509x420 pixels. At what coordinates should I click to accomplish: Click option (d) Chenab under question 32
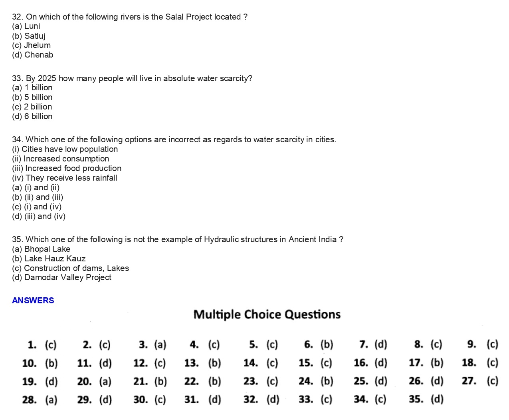coord(33,55)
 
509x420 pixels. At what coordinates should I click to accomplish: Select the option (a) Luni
coord(26,26)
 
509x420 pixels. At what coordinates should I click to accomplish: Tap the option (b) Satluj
coord(29,36)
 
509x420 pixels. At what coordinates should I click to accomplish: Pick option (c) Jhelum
coord(32,45)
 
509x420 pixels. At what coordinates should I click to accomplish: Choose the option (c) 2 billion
coord(32,107)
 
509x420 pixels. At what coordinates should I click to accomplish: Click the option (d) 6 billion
coord(32,116)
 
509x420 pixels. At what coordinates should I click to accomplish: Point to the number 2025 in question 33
coord(47,78)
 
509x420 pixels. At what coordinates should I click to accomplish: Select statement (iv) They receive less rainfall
coord(65,178)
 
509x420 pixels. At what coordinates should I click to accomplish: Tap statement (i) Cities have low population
coord(65,149)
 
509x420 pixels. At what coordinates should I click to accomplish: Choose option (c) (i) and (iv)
coord(37,207)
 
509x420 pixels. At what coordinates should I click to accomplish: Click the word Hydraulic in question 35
coord(221,239)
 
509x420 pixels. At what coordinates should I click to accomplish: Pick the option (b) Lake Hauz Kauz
coord(49,259)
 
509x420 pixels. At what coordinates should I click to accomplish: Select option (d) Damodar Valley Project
coord(62,277)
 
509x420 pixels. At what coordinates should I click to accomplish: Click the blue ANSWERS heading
coord(33,301)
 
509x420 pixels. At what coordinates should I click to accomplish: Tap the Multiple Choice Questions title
coord(267,315)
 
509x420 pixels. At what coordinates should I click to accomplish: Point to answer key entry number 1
coord(42,344)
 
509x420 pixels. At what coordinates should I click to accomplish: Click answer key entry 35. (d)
coord(426,399)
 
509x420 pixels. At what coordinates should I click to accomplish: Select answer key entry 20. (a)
coord(94,381)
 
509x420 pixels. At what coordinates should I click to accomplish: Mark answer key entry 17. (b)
coord(426,363)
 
